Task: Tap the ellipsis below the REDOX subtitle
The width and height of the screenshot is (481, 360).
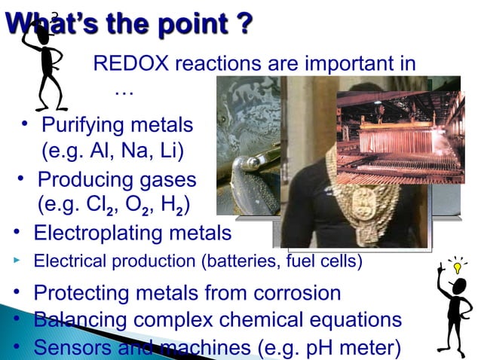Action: coord(123,93)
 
